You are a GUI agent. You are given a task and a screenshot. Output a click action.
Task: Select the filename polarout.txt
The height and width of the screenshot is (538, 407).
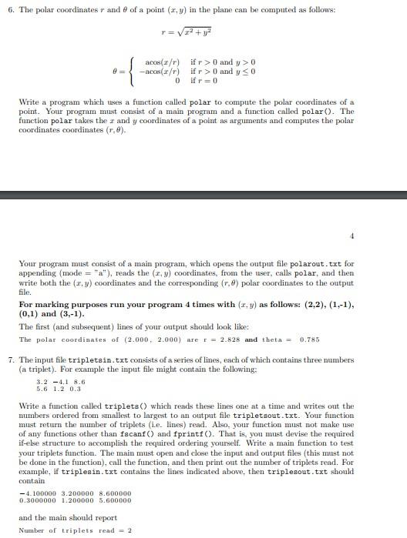(x=317, y=263)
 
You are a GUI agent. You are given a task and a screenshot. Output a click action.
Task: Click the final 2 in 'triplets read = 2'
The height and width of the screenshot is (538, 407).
(x=129, y=530)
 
